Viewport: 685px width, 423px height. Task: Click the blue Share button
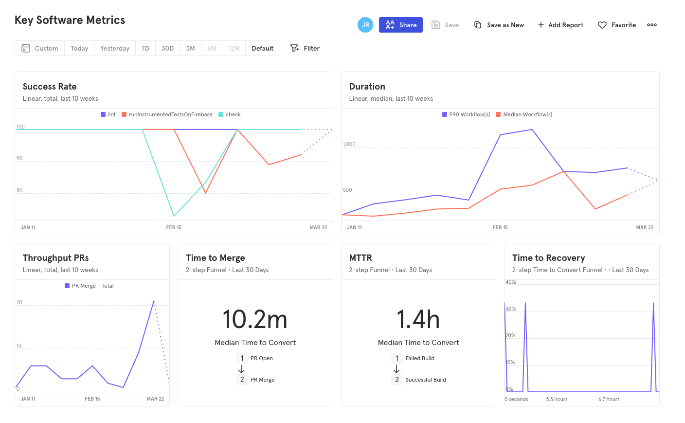pyautogui.click(x=400, y=25)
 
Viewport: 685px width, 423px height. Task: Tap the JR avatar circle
pyautogui.click(x=365, y=25)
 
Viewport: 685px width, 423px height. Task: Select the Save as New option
pyautogui.click(x=499, y=25)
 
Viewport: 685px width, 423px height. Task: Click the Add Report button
pyautogui.click(x=560, y=25)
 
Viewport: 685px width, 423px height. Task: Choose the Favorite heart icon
pyautogui.click(x=602, y=25)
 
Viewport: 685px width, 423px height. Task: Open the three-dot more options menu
pyautogui.click(x=652, y=25)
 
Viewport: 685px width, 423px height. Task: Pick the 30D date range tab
pyautogui.click(x=167, y=48)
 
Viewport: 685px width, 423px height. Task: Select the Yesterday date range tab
pyautogui.click(x=115, y=48)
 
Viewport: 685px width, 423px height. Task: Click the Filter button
pyautogui.click(x=305, y=48)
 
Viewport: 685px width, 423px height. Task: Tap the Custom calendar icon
pyautogui.click(x=26, y=48)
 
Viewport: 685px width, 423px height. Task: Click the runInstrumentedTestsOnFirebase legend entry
pyautogui.click(x=167, y=114)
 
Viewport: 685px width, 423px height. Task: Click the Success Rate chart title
pyautogui.click(x=50, y=87)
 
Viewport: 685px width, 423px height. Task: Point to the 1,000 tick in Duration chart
pyautogui.click(x=349, y=144)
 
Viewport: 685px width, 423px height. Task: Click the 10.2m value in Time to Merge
pyautogui.click(x=255, y=320)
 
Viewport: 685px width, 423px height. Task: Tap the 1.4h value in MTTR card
pyautogui.click(x=418, y=320)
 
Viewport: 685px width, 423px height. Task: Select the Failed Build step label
pyautogui.click(x=420, y=358)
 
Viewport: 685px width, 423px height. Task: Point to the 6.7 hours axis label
pyautogui.click(x=609, y=399)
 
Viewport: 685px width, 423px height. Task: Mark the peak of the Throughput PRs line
pyautogui.click(x=154, y=301)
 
